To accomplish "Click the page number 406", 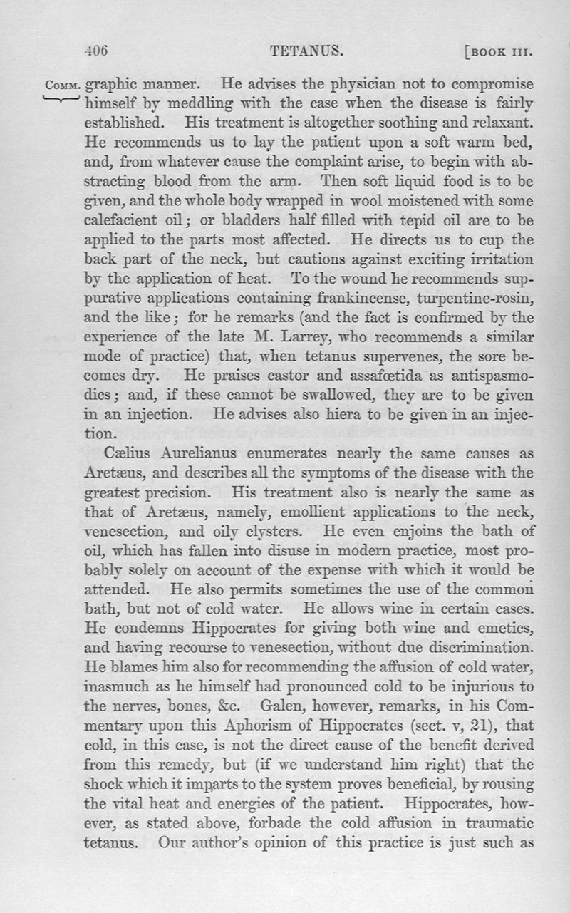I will [x=95, y=51].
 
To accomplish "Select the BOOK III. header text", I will [x=499, y=51].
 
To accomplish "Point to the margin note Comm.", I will [x=63, y=86].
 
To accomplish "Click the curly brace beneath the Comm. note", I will [x=63, y=99].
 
